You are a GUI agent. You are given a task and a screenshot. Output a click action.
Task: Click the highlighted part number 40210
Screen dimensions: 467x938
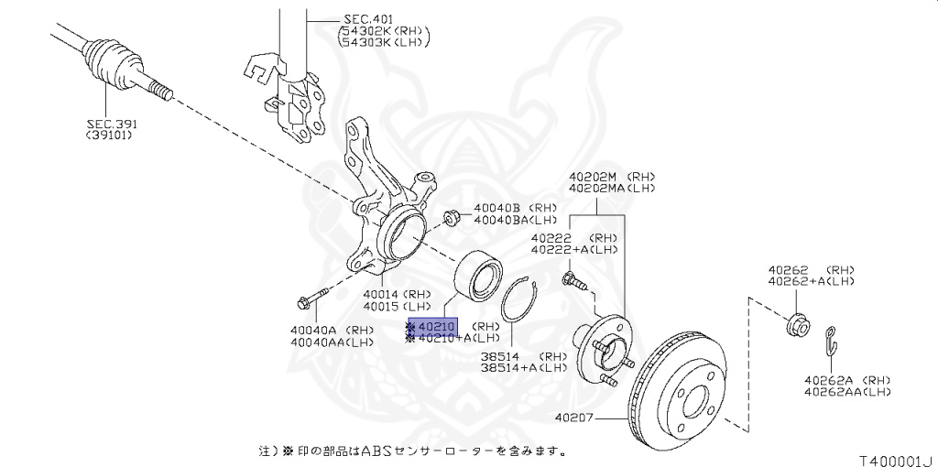click(x=437, y=326)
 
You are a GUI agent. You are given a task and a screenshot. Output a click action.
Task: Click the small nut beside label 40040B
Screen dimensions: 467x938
click(x=451, y=218)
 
